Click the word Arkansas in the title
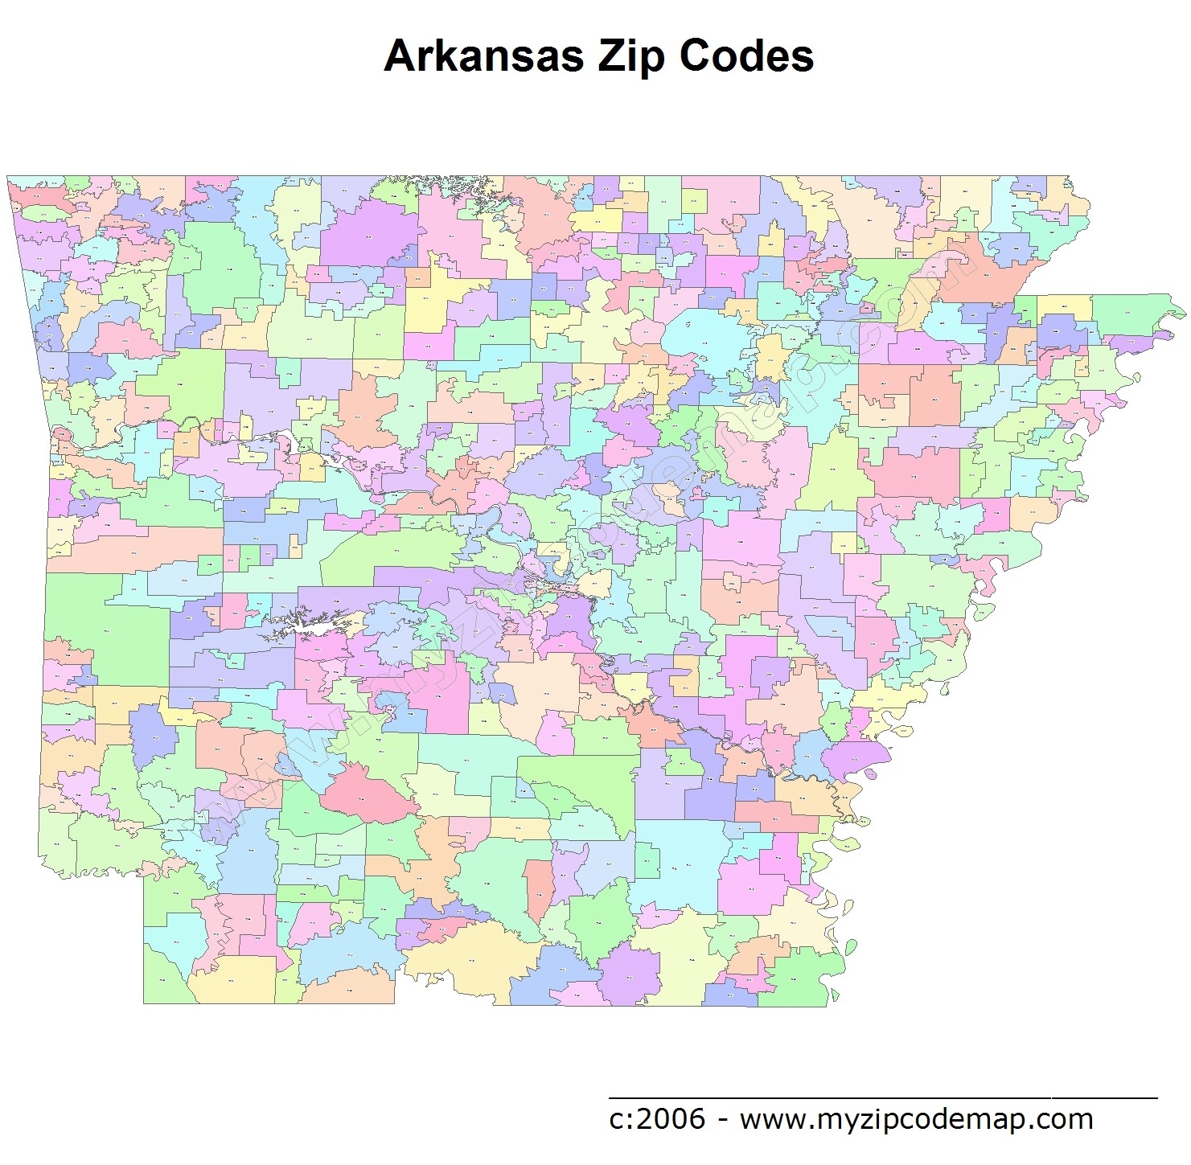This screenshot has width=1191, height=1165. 484,56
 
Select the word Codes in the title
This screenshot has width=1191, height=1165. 746,56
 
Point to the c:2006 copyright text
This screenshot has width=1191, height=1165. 657,1118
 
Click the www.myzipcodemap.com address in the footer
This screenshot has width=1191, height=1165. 916,1118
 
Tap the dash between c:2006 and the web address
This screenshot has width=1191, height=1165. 722,1119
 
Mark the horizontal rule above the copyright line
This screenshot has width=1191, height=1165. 882,1097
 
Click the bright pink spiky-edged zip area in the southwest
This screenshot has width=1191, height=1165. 360,792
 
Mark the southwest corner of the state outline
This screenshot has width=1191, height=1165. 144,1003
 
